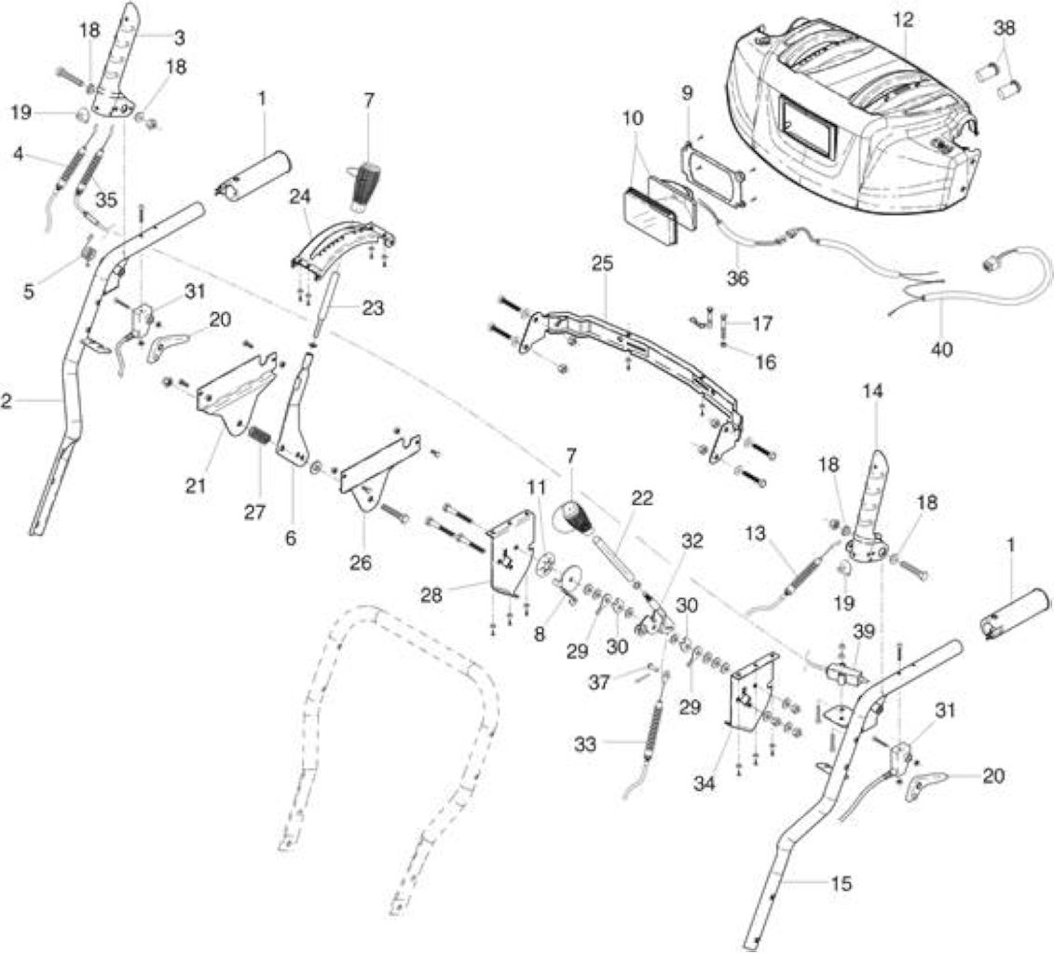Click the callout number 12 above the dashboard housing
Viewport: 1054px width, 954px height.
coord(903,20)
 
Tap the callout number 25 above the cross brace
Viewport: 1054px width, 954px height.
coord(603,264)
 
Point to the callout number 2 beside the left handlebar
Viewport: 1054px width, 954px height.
coord(6,402)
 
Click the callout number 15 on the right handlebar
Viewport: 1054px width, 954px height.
coord(841,883)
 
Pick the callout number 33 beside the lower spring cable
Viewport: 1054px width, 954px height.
coord(585,743)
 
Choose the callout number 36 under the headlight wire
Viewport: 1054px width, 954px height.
coord(737,278)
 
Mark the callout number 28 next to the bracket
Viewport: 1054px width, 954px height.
coord(432,594)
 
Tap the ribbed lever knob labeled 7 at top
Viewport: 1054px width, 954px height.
coord(364,184)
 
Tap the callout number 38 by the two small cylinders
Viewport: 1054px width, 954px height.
coord(1005,28)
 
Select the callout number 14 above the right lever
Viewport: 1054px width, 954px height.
coord(874,390)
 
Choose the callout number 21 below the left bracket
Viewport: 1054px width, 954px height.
coord(196,484)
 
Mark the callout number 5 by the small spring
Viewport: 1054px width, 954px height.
coord(29,293)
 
